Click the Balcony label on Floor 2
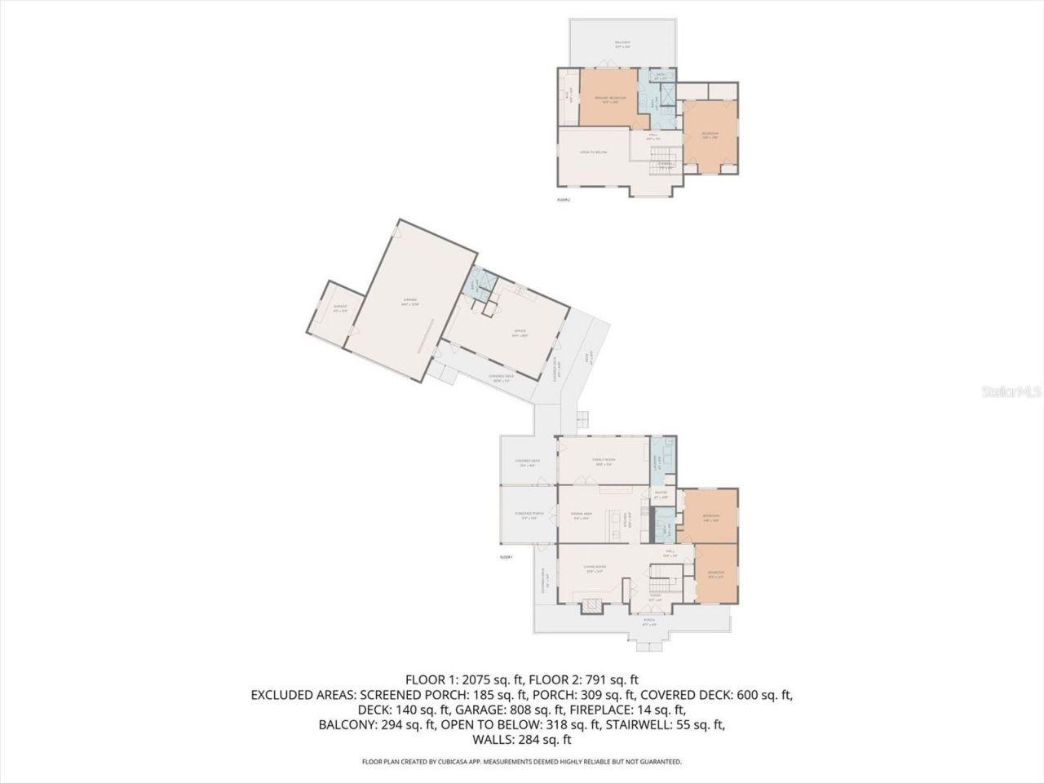(622, 44)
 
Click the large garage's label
(409, 301)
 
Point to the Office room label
(520, 333)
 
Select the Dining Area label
(581, 515)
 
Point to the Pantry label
(661, 494)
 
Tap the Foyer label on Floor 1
(655, 597)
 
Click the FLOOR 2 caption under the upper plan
(563, 199)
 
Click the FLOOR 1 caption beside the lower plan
(506, 557)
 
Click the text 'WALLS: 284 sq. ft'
(522, 740)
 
